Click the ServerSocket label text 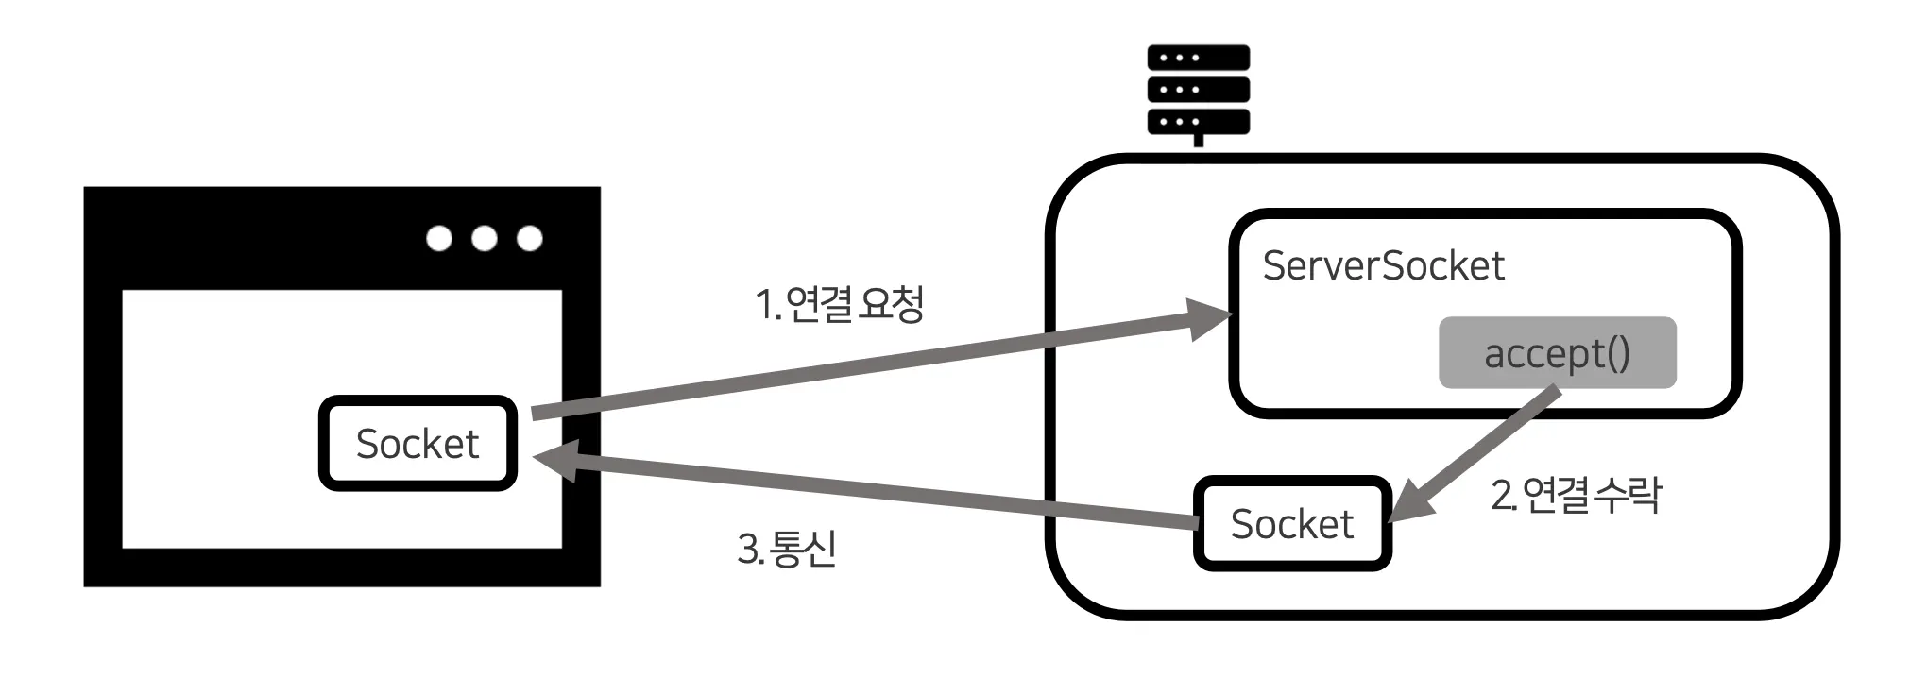coord(1383,266)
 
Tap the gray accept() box coord(1557,353)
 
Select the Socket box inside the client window coord(418,444)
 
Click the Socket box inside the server coord(1292,524)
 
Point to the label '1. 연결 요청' coord(839,304)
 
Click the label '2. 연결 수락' coord(1576,495)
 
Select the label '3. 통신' coord(787,549)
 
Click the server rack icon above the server coord(1198,92)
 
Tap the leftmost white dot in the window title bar coord(439,238)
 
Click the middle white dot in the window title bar coord(485,238)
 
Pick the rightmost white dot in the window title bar coord(530,238)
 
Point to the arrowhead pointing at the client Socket coord(555,458)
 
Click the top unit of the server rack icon coord(1198,59)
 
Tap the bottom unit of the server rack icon coord(1198,122)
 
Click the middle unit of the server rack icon coord(1198,90)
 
